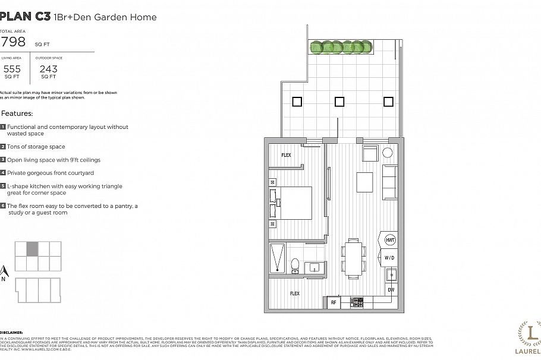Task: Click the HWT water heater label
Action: [390, 240]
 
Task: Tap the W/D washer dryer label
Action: [390, 258]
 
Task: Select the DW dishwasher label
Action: [390, 289]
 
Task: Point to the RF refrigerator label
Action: [333, 302]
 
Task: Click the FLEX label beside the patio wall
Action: [286, 155]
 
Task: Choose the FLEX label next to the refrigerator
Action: [294, 293]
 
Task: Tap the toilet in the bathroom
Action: [295, 266]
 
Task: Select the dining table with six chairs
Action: [353, 258]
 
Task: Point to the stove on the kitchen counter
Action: [357, 302]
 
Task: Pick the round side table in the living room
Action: [388, 153]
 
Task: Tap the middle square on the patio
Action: [339, 102]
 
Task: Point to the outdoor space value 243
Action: [48, 69]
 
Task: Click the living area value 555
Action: [12, 69]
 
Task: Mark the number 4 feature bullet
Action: [3, 173]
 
